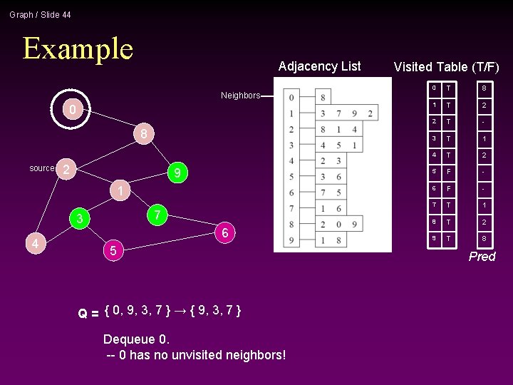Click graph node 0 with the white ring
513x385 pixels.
[72, 110]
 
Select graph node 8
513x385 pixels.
[143, 133]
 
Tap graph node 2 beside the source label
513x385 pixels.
[66, 169]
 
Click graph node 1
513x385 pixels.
[121, 191]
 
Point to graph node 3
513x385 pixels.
[81, 219]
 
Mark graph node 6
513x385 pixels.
[224, 233]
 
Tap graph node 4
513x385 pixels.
[34, 244]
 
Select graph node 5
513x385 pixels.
[113, 250]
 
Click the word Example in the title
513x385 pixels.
[78, 48]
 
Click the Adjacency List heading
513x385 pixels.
[319, 66]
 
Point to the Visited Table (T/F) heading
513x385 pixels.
[446, 67]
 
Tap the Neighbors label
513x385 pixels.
[240, 96]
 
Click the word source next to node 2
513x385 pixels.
[41, 168]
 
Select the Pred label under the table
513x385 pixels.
[482, 257]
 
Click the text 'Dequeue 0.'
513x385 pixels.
[135, 338]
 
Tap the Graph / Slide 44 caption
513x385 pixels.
[40, 14]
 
